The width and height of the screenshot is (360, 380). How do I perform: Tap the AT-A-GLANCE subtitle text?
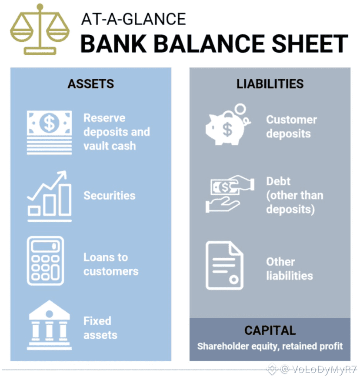click(133, 19)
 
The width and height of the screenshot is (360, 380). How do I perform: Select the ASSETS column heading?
click(91, 84)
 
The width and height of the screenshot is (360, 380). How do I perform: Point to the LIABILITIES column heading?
click(270, 84)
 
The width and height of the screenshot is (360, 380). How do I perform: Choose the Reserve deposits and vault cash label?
click(116, 132)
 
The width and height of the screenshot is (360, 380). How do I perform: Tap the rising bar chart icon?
click(49, 196)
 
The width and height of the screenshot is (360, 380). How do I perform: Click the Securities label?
click(109, 196)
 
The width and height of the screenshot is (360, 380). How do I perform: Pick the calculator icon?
click(45, 260)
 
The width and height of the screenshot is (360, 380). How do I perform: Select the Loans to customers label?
click(111, 264)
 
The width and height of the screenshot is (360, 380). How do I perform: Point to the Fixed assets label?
click(100, 328)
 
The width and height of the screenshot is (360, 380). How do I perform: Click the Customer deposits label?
click(291, 126)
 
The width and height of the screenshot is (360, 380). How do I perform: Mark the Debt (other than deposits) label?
click(294, 195)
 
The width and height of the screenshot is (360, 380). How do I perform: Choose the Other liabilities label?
click(289, 269)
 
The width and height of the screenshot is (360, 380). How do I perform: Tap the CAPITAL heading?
click(270, 330)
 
